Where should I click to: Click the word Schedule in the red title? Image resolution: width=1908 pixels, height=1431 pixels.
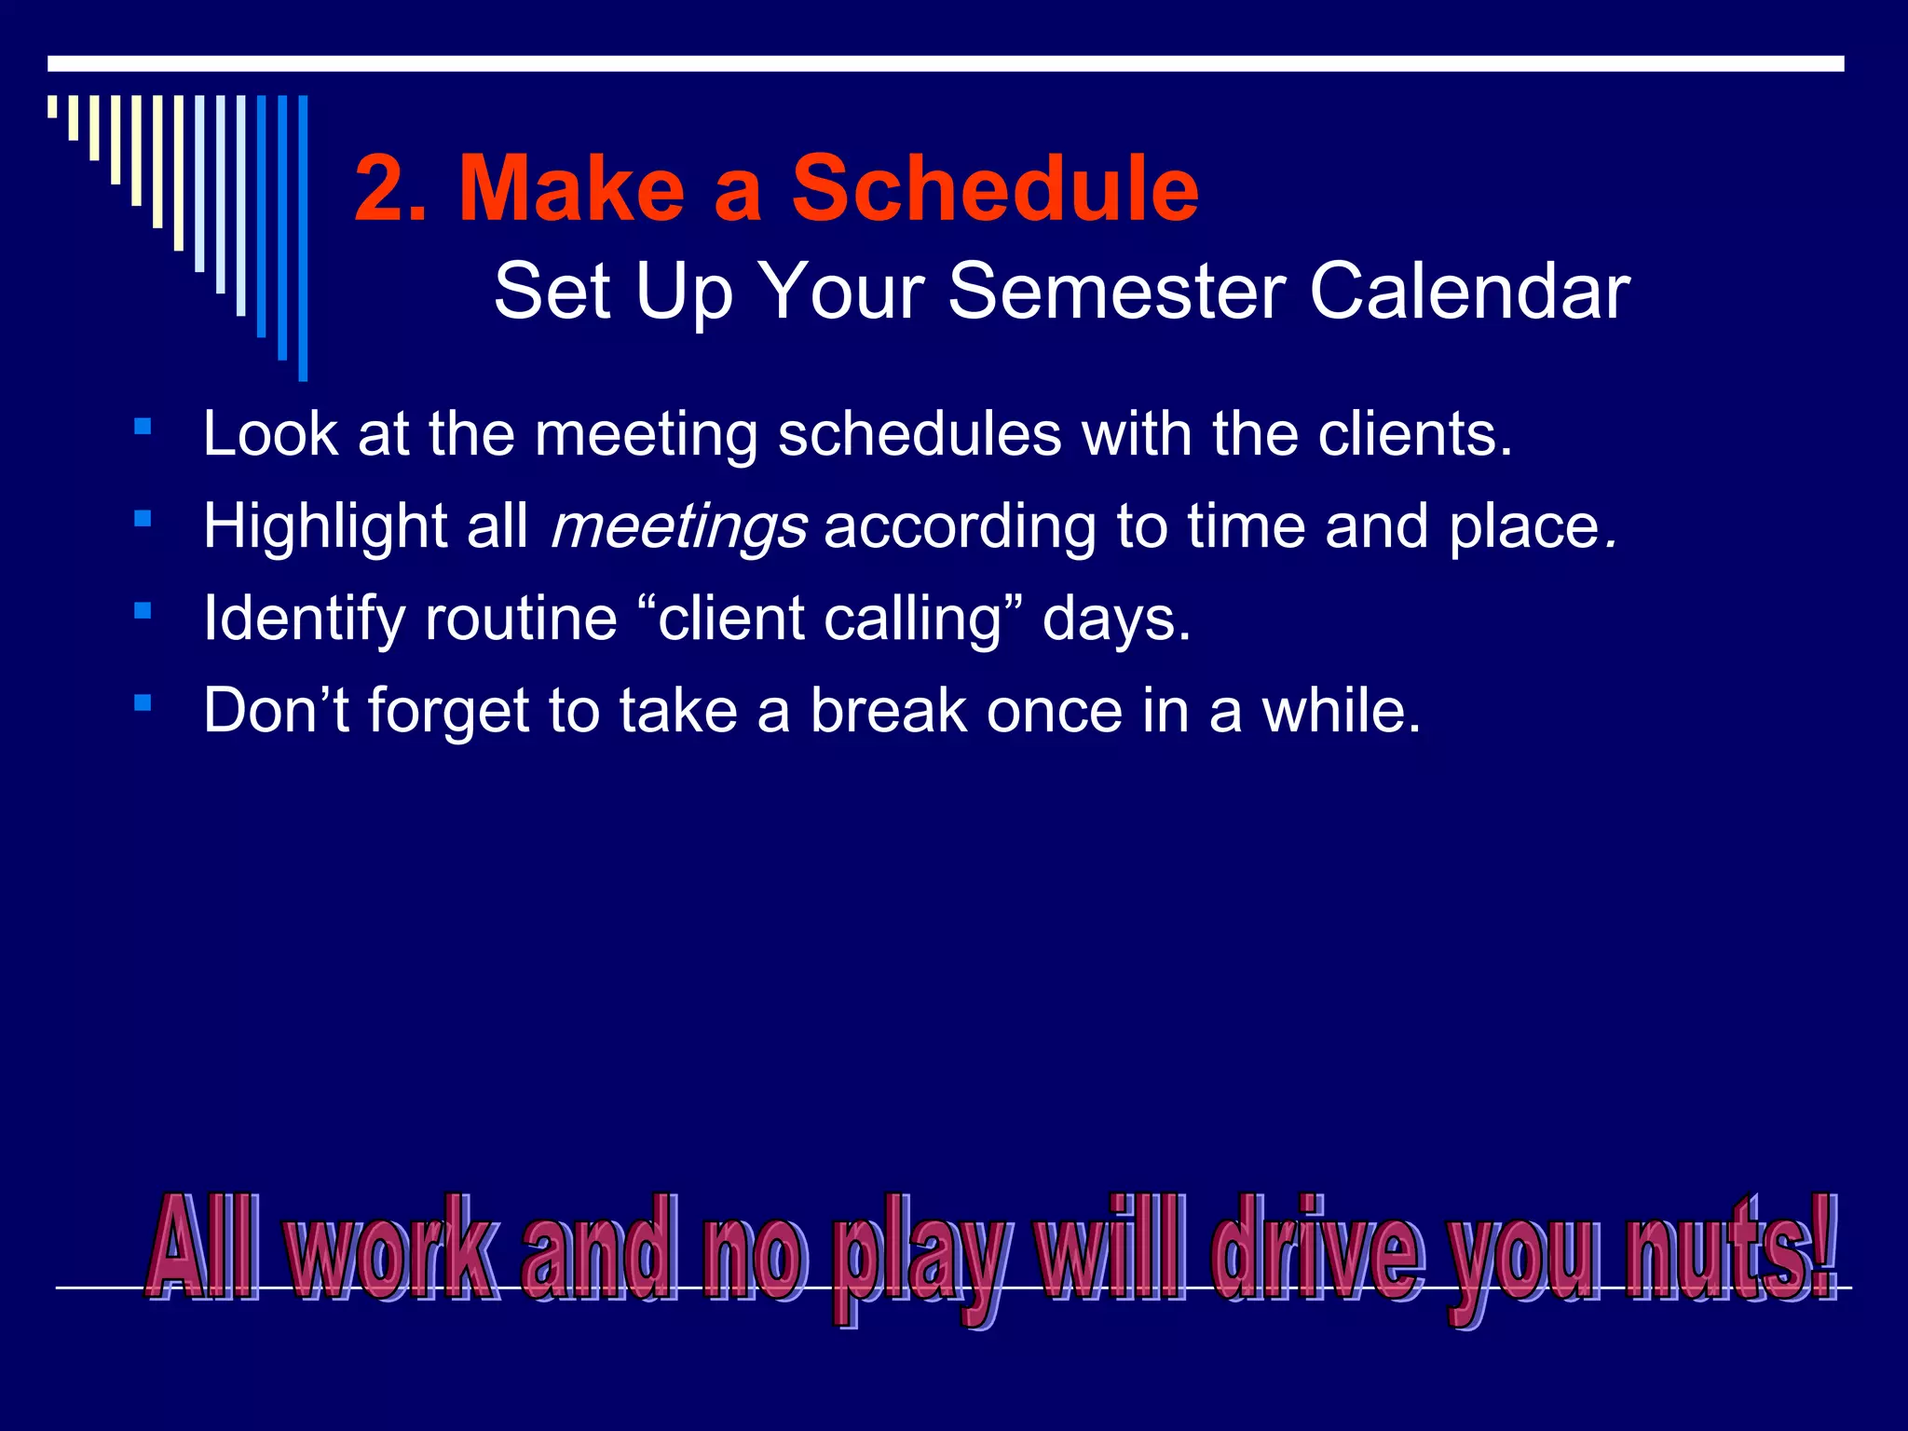pyautogui.click(x=994, y=189)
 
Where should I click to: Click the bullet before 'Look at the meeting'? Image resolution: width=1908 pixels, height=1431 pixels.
pyautogui.click(x=143, y=428)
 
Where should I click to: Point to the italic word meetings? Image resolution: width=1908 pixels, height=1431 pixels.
pyautogui.click(x=678, y=527)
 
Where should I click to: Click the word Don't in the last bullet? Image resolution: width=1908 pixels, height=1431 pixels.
pyautogui.click(x=276, y=711)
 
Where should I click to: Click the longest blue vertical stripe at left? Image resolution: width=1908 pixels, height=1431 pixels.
pyautogui.click(x=303, y=238)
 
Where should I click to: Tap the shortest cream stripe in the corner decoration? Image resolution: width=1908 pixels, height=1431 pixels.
pyautogui.click(x=53, y=106)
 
